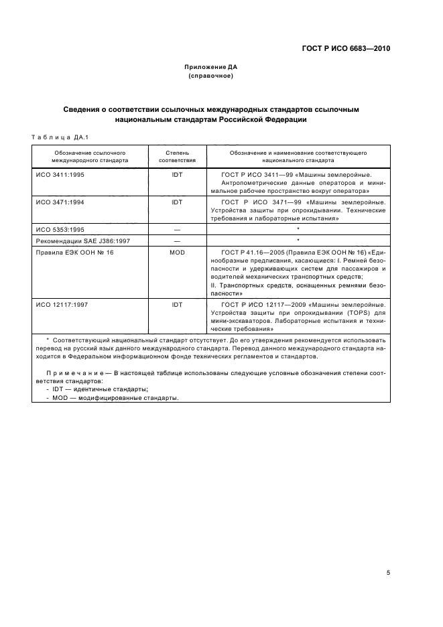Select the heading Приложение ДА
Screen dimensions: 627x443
[x=210, y=67]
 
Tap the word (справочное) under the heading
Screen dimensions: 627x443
[x=210, y=76]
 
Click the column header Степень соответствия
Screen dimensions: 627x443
[x=177, y=157]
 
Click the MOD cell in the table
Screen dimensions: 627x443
[x=177, y=252]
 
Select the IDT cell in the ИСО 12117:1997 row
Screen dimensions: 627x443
[x=177, y=304]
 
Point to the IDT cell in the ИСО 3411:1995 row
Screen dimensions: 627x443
[x=177, y=174]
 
